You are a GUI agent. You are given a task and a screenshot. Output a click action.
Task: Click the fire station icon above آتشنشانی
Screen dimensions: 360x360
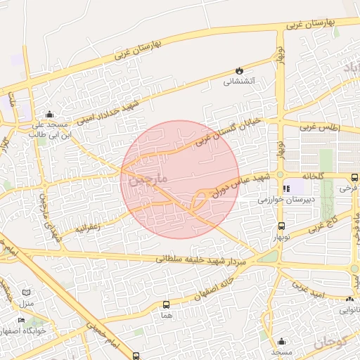point(239,71)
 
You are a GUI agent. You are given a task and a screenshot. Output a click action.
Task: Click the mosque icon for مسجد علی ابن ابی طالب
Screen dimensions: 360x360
point(49,115)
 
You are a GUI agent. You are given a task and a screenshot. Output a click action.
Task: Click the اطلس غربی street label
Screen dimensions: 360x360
point(319,128)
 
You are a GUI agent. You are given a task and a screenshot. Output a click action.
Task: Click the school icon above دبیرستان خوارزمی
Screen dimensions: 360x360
point(286,189)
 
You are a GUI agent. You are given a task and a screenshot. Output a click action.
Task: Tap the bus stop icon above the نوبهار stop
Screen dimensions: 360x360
point(281,226)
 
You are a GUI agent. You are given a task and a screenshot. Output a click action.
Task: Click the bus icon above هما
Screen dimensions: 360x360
point(166,304)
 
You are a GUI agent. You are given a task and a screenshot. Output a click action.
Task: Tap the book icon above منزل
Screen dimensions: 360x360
point(27,292)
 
